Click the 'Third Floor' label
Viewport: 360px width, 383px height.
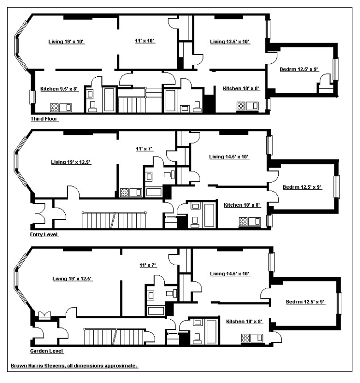click(x=44, y=119)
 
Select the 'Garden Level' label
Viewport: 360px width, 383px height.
click(x=46, y=351)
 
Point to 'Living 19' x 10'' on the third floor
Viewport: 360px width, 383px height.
click(x=66, y=42)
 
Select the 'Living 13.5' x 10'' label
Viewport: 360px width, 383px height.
click(x=230, y=42)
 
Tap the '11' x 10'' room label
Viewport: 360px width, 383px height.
click(x=144, y=41)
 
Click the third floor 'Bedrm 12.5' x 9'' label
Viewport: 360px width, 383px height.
click(x=299, y=70)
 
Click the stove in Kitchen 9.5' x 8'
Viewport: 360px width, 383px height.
click(x=55, y=107)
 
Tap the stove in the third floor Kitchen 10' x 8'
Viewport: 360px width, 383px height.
click(x=241, y=106)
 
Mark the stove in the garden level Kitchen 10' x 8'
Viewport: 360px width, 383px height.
click(x=245, y=338)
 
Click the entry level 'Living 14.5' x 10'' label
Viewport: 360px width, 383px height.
click(x=229, y=156)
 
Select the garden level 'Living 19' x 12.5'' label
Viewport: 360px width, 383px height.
click(x=72, y=278)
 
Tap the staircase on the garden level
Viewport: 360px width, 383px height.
click(x=115, y=337)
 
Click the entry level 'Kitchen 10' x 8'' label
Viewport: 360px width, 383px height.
click(x=242, y=205)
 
